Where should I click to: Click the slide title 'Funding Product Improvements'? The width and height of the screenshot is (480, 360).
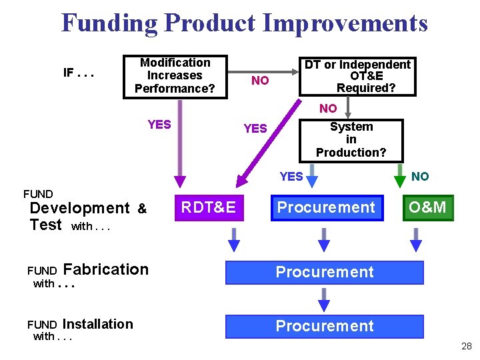tap(245, 23)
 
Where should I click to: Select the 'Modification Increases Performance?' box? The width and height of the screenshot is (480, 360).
tap(175, 76)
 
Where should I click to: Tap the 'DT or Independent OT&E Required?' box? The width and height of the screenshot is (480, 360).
tap(357, 76)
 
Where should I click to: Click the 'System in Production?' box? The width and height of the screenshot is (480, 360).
tap(351, 140)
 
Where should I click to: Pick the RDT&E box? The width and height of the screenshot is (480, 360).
tap(208, 207)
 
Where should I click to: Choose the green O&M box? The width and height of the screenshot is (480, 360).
tap(427, 207)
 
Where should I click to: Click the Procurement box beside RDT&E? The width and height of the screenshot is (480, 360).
tap(326, 207)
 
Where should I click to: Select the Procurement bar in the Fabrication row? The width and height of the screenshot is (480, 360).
tap(325, 272)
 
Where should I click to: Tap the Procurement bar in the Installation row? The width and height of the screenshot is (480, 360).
tap(325, 326)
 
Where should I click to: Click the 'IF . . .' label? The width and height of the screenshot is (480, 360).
tap(78, 72)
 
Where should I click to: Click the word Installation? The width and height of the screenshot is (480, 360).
tap(98, 324)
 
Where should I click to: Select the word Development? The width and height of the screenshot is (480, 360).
tap(80, 208)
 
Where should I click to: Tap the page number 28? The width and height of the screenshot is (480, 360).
tap(466, 346)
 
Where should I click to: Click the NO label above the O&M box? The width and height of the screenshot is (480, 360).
tap(420, 177)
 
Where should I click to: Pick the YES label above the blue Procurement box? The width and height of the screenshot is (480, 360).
tap(291, 177)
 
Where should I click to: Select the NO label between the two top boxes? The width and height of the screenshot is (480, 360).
tap(260, 81)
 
